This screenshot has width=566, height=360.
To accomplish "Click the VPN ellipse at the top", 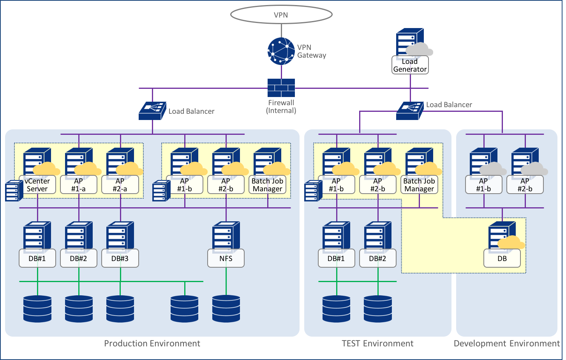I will (281, 15).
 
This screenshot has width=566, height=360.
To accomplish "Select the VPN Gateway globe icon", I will (281, 51).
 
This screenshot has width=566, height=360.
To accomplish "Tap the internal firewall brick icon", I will (281, 88).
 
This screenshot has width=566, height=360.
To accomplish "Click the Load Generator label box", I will (410, 65).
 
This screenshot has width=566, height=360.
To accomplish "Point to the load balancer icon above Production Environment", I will (152, 111).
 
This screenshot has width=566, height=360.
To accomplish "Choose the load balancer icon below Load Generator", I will (410, 111).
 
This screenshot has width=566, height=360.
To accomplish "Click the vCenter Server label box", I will (37, 185).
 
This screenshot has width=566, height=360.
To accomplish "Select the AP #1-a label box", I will (79, 185).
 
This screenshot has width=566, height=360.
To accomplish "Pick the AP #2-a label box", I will (120, 185).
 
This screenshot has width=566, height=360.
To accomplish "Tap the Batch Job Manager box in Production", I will (268, 185).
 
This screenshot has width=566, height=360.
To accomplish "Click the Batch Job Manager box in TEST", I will (419, 185).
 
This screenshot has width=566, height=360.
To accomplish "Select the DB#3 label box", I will (120, 258).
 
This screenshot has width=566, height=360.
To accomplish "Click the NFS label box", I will (226, 258).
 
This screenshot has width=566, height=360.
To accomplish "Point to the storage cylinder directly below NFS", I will (226, 309).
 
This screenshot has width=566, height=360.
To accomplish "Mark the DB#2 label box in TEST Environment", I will (377, 258).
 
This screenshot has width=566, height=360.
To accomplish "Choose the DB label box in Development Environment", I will (502, 258).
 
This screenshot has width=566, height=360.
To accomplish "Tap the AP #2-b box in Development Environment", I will (525, 185).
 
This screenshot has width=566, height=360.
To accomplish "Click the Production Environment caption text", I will (152, 343).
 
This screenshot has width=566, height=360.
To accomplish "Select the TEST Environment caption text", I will (377, 343).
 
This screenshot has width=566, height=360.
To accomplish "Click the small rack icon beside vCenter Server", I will (14, 191).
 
